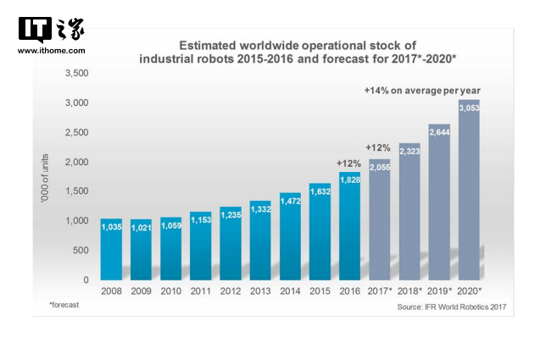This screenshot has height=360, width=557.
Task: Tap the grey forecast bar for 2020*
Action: [x=469, y=191]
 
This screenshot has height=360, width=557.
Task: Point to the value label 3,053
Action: [x=469, y=108]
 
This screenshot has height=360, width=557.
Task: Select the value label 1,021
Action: [x=142, y=227]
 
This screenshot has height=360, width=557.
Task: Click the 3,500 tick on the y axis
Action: [x=76, y=74]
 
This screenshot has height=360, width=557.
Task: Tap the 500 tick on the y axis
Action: [x=81, y=251]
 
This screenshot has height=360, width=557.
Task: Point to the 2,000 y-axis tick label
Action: [x=76, y=162]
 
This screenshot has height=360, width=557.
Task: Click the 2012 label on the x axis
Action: [x=231, y=291]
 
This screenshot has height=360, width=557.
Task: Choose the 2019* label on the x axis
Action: [x=439, y=291]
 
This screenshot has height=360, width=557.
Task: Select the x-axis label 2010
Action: [x=171, y=291]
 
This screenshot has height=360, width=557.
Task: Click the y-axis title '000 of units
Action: [x=43, y=179]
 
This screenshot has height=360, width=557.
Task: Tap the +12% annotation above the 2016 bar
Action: [x=349, y=163]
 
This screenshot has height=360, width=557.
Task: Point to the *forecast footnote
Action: [x=64, y=304]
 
